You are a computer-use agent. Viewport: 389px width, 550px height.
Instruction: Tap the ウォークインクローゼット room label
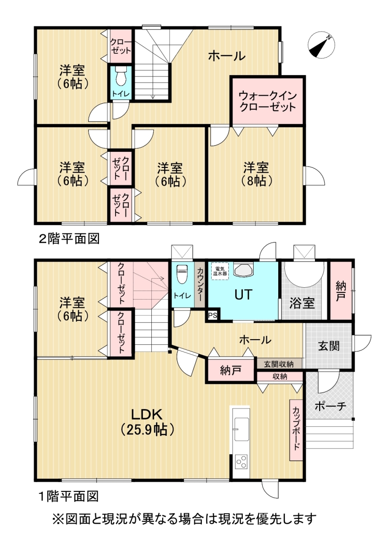(x=268, y=100)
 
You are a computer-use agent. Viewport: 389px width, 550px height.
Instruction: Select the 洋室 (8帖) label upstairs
(x=256, y=174)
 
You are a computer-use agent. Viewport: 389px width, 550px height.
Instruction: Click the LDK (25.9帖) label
(x=147, y=422)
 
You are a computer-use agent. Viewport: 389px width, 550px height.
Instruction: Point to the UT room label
(x=243, y=295)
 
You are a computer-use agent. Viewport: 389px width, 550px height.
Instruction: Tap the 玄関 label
(x=328, y=346)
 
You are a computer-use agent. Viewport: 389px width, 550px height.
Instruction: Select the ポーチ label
(x=330, y=406)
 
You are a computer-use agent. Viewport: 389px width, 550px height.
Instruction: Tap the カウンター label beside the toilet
(x=200, y=285)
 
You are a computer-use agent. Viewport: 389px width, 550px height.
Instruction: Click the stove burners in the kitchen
(x=241, y=461)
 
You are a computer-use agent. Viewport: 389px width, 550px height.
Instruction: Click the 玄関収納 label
(x=279, y=364)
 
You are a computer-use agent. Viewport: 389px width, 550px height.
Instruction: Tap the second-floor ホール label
(x=226, y=56)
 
